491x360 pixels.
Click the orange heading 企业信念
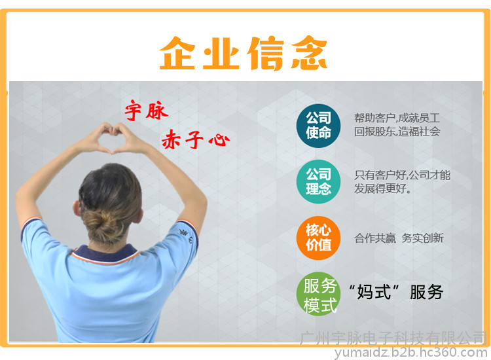pyautogui.click(x=244, y=53)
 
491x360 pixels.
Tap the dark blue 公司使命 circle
pyautogui.click(x=318, y=126)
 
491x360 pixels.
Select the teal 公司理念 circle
pyautogui.click(x=318, y=181)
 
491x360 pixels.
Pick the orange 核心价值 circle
pyautogui.click(x=318, y=238)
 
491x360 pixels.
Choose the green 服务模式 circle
pyautogui.click(x=319, y=294)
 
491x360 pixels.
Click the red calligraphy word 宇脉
pyautogui.click(x=146, y=110)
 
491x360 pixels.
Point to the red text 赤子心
pyautogui.click(x=195, y=139)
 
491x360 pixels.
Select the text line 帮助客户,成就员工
pyautogui.click(x=397, y=118)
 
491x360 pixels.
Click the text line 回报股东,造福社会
pyautogui.click(x=397, y=131)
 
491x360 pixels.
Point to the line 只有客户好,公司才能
pyautogui.click(x=402, y=175)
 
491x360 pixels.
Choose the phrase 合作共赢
pyautogui.click(x=375, y=238)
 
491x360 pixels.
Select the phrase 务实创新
pyautogui.click(x=422, y=238)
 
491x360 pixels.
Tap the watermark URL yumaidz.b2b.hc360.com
pyautogui.click(x=411, y=353)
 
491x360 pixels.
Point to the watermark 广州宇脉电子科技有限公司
pyautogui.click(x=393, y=338)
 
